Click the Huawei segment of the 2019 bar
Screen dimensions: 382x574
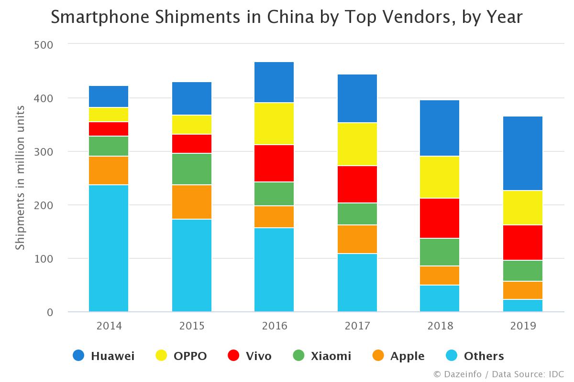point(523,153)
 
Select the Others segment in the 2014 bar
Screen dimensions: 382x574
point(109,248)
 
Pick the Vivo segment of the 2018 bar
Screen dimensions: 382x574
point(440,218)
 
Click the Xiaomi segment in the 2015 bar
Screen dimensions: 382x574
point(191,169)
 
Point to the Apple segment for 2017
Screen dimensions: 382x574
point(357,239)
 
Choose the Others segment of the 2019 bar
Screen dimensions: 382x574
point(523,306)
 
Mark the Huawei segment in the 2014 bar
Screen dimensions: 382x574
point(109,96)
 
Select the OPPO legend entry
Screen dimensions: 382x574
point(182,356)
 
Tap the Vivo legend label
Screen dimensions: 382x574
point(258,356)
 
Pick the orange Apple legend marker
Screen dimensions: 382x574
point(378,356)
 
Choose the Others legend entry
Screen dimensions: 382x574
point(484,356)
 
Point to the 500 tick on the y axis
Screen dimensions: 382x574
point(44,45)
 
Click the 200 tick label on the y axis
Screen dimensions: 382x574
point(44,205)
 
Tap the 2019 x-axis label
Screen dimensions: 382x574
point(523,326)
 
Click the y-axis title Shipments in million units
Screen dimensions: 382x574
point(20,178)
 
